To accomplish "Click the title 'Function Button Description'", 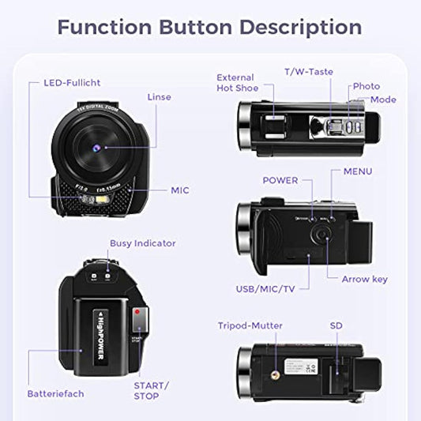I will pos(210,26).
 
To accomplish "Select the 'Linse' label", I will pos(159,97).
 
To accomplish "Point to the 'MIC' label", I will pos(180,190).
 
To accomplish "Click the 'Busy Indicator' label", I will pos(143,243).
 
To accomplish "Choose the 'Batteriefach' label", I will pos(55,393).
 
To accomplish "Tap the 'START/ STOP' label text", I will pos(152,391).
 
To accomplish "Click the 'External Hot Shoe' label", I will pos(235,83).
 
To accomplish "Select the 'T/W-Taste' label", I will pos(308,72).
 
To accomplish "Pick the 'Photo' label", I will pos(366,86).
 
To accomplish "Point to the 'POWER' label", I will pos(280,180).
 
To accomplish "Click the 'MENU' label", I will pos(358,171).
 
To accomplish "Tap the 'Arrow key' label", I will pos(364,279).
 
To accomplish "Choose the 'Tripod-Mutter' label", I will pos(250,325).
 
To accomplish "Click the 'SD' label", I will pos(336,325).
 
